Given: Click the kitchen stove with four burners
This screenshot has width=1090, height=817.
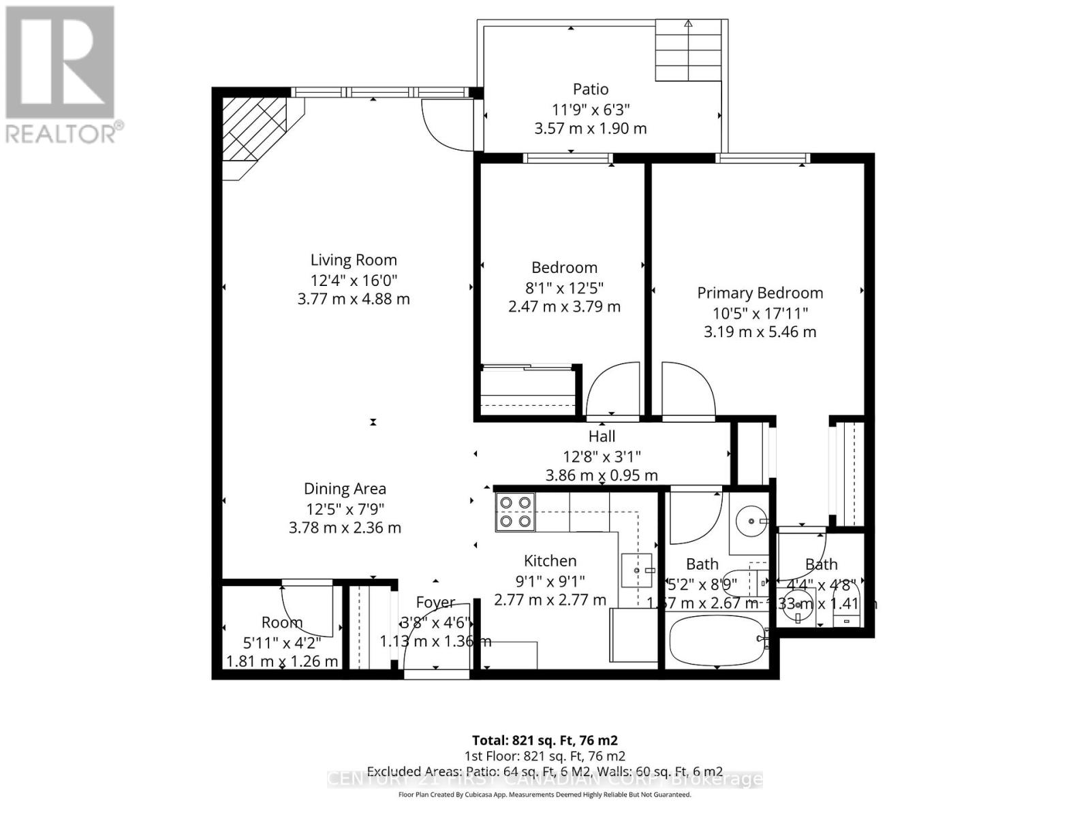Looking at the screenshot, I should [x=515, y=511].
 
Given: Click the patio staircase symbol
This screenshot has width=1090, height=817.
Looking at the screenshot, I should [x=688, y=51].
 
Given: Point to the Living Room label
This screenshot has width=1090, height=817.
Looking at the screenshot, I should [x=354, y=259].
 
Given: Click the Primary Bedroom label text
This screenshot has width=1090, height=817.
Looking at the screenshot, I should [x=760, y=293].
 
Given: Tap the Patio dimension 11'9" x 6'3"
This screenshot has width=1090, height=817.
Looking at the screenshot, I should [x=591, y=108].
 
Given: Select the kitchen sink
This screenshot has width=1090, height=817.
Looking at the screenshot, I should [x=637, y=570].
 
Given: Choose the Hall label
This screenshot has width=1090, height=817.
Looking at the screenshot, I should [x=602, y=436].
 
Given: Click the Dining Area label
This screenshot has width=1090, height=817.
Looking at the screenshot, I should [x=345, y=488].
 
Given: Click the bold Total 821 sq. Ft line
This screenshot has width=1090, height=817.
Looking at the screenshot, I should [x=544, y=740].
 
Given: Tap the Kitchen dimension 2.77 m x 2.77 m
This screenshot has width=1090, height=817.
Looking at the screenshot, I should [x=550, y=600].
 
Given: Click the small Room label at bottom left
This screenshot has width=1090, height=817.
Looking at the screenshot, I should [x=281, y=622].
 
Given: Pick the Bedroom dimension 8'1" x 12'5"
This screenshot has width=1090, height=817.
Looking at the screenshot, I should [x=564, y=287].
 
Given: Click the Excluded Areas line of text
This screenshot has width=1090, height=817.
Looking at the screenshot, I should [x=544, y=771].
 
